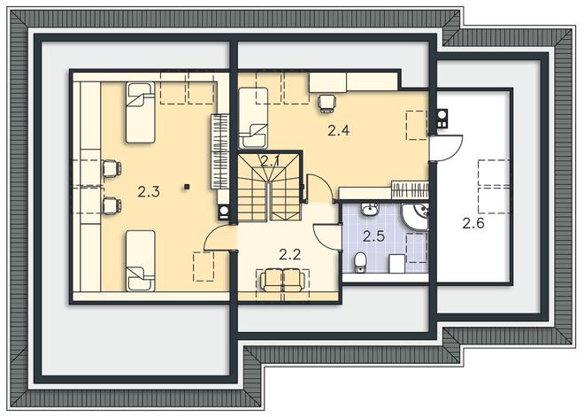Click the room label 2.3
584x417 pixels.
(x=149, y=192)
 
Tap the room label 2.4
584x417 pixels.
(x=339, y=130)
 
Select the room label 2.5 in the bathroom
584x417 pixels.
(x=373, y=236)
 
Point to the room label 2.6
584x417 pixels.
(x=473, y=223)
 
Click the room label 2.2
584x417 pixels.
(x=289, y=255)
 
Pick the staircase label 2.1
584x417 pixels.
(x=270, y=161)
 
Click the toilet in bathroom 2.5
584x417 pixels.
(x=360, y=262)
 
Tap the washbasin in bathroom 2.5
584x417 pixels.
(x=370, y=209)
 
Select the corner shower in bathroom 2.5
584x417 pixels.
(x=415, y=216)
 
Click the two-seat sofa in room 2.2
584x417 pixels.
(x=283, y=280)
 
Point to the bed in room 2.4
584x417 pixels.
(x=253, y=118)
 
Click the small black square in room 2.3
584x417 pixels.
(x=187, y=187)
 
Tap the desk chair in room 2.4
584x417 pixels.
(x=327, y=103)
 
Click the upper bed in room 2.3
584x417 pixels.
(x=141, y=112)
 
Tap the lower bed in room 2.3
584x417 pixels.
(x=141, y=260)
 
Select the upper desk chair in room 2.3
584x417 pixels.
(x=111, y=169)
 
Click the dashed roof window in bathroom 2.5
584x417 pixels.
(x=417, y=248)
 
